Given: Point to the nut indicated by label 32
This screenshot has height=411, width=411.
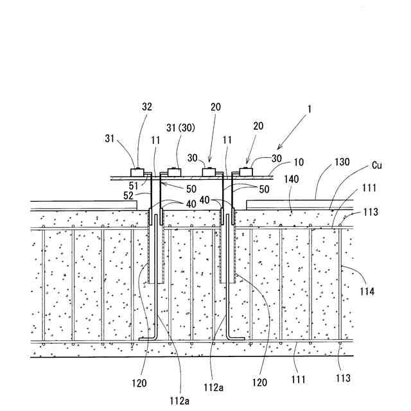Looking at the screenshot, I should [x=137, y=172].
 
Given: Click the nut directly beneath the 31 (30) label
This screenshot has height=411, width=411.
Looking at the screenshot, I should [x=173, y=171].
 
